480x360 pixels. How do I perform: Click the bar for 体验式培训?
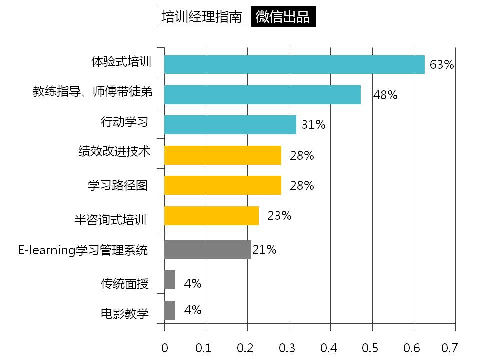click(294, 64)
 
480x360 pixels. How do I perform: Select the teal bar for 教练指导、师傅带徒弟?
click(262, 95)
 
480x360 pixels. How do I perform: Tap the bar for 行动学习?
click(230, 125)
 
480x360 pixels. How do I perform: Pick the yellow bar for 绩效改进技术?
click(223, 155)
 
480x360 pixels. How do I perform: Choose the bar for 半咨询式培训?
click(212, 216)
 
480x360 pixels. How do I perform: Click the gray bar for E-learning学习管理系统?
click(208, 249)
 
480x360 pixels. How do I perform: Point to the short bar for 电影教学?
click(170, 310)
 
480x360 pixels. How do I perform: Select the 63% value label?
click(442, 65)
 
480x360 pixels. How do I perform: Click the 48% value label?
click(385, 95)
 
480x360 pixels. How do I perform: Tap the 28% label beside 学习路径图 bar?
click(302, 186)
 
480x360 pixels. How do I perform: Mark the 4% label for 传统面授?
click(192, 284)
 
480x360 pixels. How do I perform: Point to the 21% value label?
click(264, 249)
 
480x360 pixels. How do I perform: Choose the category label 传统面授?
click(125, 284)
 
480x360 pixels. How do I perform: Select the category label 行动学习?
click(125, 122)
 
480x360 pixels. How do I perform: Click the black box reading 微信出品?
click(283, 17)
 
